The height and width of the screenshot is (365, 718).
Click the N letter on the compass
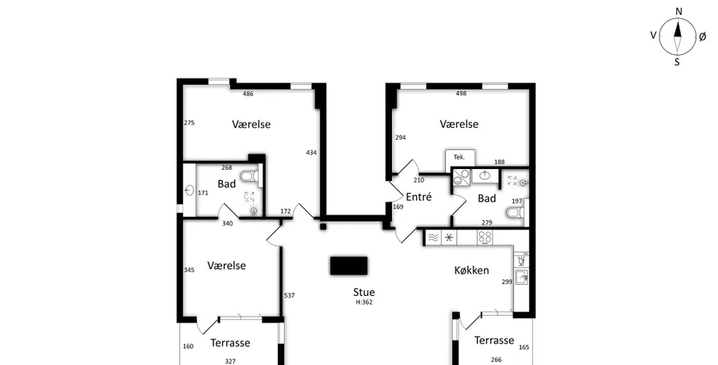pyautogui.click(x=679, y=11)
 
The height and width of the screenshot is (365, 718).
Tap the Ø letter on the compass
pyautogui.click(x=703, y=37)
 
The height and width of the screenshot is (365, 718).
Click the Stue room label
pyautogui.click(x=364, y=292)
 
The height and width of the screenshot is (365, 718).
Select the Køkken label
pyautogui.click(x=471, y=271)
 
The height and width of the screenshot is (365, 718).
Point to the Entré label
pyautogui.click(x=419, y=197)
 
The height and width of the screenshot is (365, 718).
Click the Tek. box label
pyautogui.click(x=459, y=157)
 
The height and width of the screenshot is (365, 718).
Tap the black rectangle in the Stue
pyautogui.click(x=349, y=266)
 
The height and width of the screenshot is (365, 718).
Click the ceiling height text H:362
pyautogui.click(x=364, y=302)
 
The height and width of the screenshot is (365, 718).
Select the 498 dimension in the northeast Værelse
pyautogui.click(x=461, y=94)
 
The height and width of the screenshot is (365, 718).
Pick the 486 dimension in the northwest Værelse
pyautogui.click(x=248, y=94)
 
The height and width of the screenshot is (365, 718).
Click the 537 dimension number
pyautogui.click(x=290, y=295)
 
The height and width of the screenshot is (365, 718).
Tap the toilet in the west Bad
pyautogui.click(x=250, y=176)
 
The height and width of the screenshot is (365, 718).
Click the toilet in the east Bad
pyautogui.click(x=516, y=213)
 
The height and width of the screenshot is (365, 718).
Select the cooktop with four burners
pyautogui.click(x=485, y=238)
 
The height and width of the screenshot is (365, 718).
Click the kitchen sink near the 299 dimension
pyautogui.click(x=521, y=277)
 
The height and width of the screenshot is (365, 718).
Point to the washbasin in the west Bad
pyautogui.click(x=190, y=190)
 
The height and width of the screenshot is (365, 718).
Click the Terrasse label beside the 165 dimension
pyautogui.click(x=494, y=340)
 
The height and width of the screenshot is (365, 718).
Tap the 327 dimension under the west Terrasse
pyautogui.click(x=230, y=361)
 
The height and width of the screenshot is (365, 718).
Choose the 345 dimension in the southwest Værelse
pyautogui.click(x=189, y=270)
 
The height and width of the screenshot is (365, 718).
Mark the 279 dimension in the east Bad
pyautogui.click(x=487, y=223)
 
